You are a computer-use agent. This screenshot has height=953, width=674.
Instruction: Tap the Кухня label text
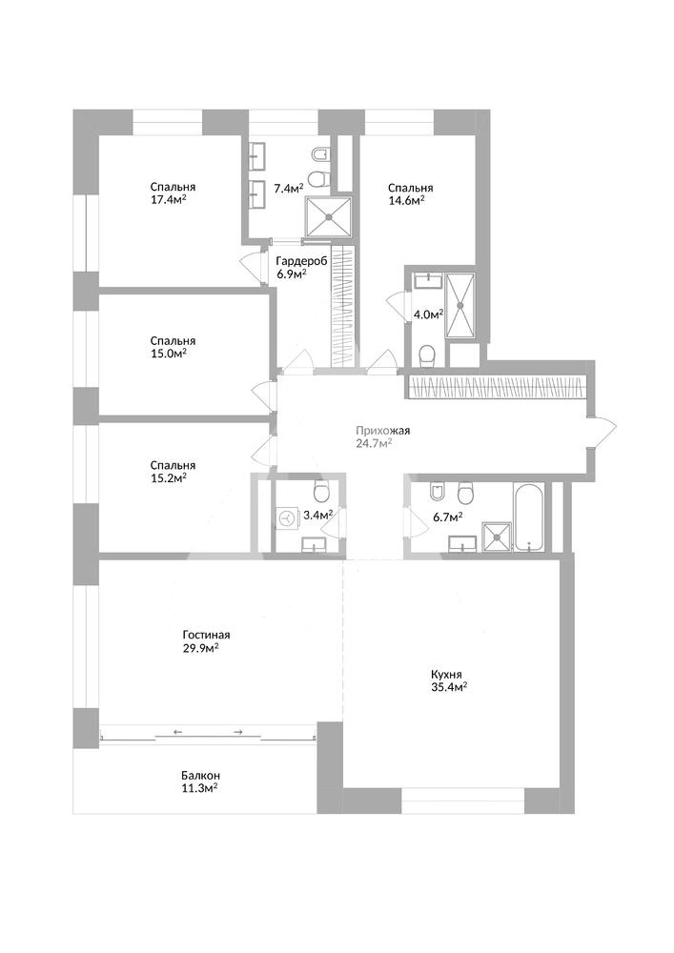pyautogui.click(x=447, y=675)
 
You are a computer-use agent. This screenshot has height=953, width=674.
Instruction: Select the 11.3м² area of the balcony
pyautogui.click(x=199, y=788)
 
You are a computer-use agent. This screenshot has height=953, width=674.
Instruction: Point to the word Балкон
pyautogui.click(x=200, y=776)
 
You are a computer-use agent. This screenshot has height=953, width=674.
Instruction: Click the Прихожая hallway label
pyautogui.click(x=383, y=431)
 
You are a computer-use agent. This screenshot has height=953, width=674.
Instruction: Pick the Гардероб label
pyautogui.click(x=301, y=261)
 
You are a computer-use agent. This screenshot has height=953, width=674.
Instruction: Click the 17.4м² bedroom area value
pyautogui.click(x=169, y=199)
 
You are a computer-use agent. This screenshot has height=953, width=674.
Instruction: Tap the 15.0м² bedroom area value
pyautogui.click(x=169, y=354)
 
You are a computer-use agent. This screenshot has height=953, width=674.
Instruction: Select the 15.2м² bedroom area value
pyautogui.click(x=169, y=477)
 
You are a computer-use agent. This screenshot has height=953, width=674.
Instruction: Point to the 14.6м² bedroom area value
pyautogui.click(x=406, y=200)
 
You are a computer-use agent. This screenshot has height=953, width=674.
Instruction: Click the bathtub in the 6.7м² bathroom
pyautogui.click(x=528, y=517)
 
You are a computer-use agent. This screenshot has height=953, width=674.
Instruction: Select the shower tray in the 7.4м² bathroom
pyautogui.click(x=328, y=217)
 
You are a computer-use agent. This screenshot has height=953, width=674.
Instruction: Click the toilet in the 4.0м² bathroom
pyautogui.click(x=427, y=356)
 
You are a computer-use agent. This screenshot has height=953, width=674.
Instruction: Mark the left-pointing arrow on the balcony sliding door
pyautogui.click(x=177, y=732)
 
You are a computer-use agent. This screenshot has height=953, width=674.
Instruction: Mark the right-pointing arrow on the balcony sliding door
pyautogui.click(x=237, y=732)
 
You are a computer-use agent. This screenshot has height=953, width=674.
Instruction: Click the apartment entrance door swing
pyautogui.click(x=603, y=433)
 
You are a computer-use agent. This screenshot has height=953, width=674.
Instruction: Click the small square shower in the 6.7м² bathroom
pyautogui.click(x=497, y=537)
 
